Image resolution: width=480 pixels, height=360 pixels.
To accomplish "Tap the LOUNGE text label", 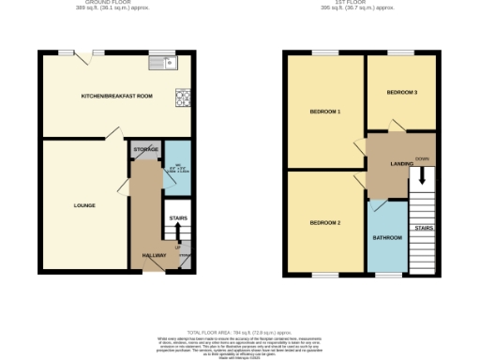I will coord(84,205).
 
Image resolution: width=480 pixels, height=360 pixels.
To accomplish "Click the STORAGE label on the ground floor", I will coord(144,149).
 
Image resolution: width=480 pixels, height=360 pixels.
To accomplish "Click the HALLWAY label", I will coord(154,255).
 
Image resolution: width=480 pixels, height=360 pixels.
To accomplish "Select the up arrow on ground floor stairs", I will coord(178,231).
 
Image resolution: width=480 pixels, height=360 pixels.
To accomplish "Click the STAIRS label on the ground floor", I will coord(177,217).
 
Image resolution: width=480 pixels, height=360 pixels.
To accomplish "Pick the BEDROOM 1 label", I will coord(324,112).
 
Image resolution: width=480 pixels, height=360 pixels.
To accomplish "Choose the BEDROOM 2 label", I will coord(324,222).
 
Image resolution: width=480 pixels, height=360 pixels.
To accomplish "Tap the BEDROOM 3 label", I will coord(401,92).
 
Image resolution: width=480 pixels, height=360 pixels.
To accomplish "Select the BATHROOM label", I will coord(387,238).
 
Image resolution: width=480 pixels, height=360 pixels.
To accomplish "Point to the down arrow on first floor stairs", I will coord(423,174).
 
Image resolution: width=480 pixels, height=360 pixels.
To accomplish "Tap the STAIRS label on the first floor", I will coord(423,228).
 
